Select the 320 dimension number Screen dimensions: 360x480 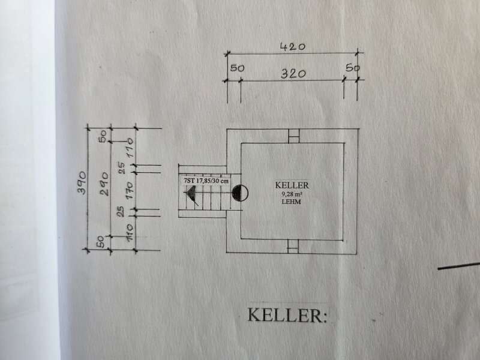point(293,74)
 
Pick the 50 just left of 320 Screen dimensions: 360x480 point(237,68)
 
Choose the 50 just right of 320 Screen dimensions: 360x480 point(353,68)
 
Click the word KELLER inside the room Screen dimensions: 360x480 point(292,185)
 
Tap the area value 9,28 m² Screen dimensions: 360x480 point(292,194)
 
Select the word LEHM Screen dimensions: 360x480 point(292,203)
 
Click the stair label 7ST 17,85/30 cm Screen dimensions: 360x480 point(205,180)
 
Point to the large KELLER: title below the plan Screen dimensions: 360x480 point(287,315)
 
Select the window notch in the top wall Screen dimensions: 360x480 point(293,136)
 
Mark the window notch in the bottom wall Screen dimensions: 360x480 point(293,245)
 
